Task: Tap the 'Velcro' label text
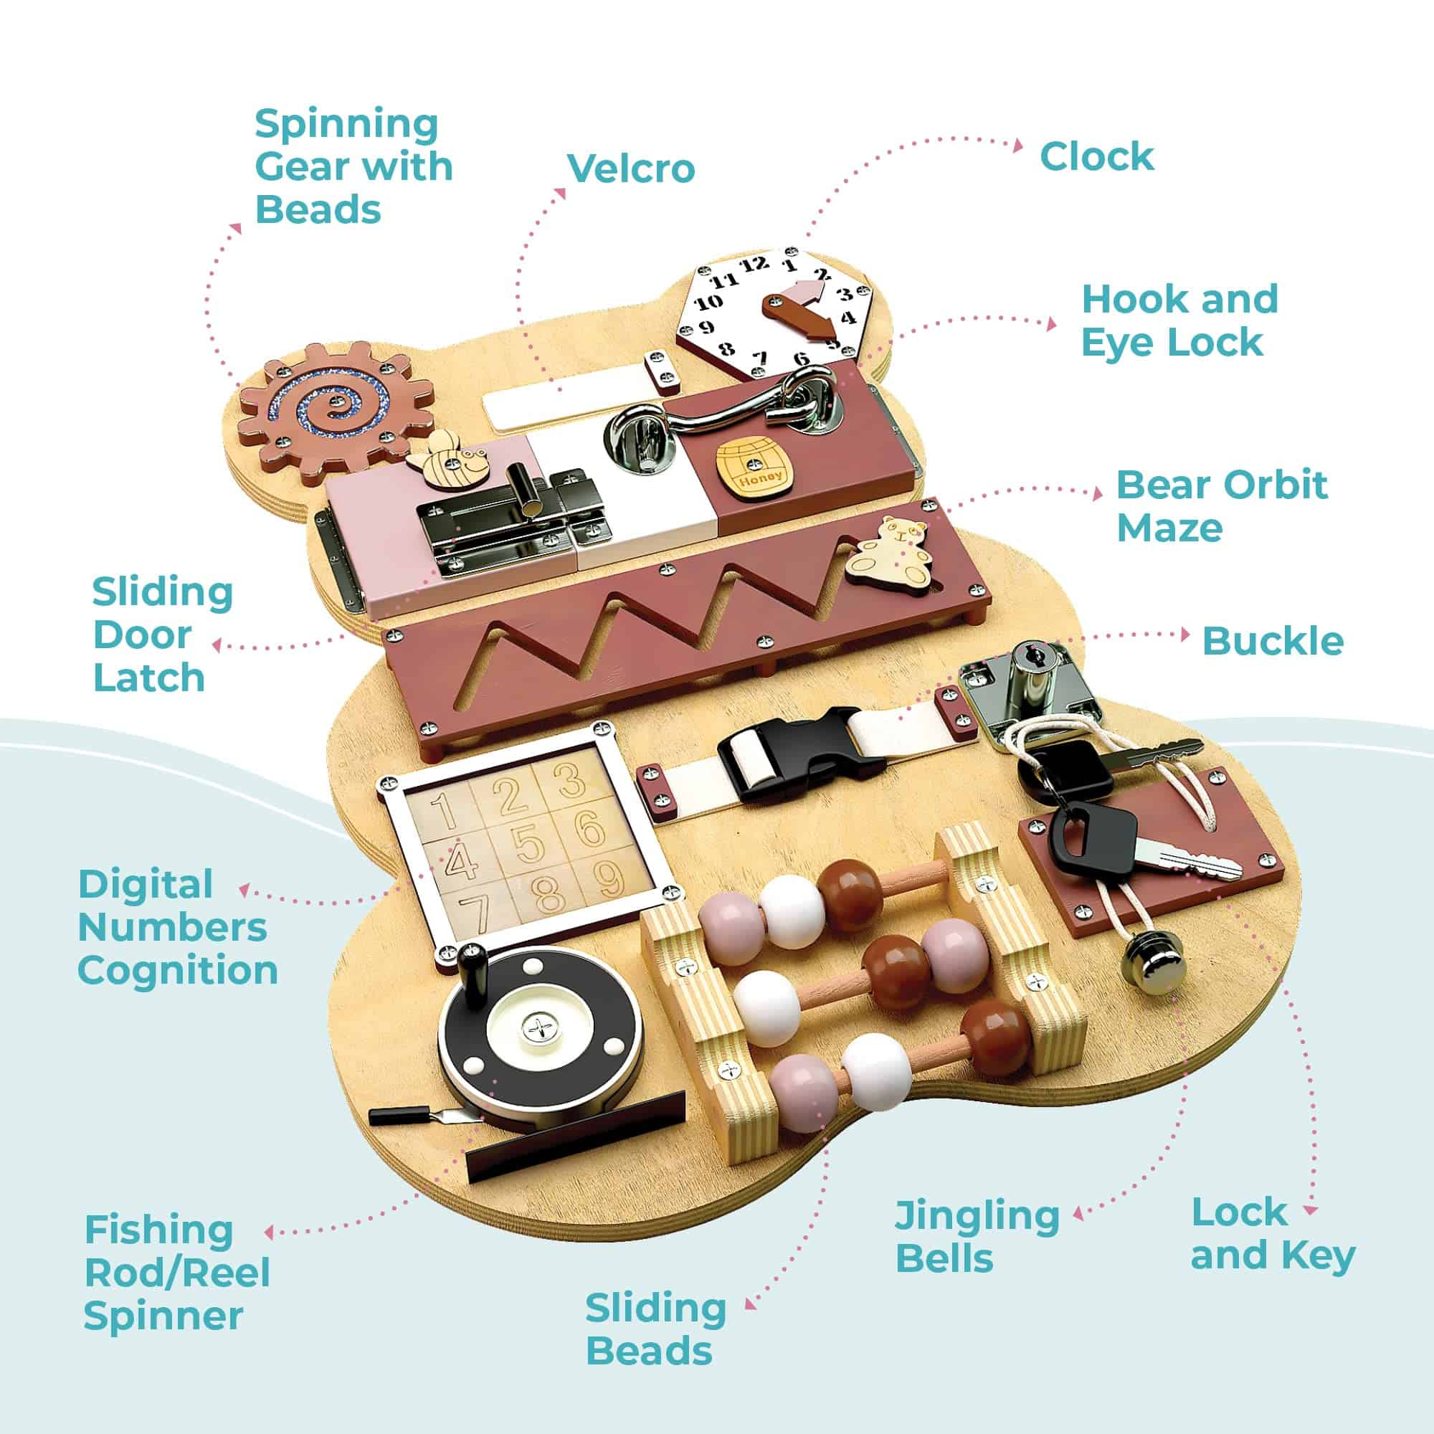(631, 168)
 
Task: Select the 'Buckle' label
(1272, 641)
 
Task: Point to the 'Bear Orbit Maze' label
(1221, 507)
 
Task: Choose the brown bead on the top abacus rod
(850, 895)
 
